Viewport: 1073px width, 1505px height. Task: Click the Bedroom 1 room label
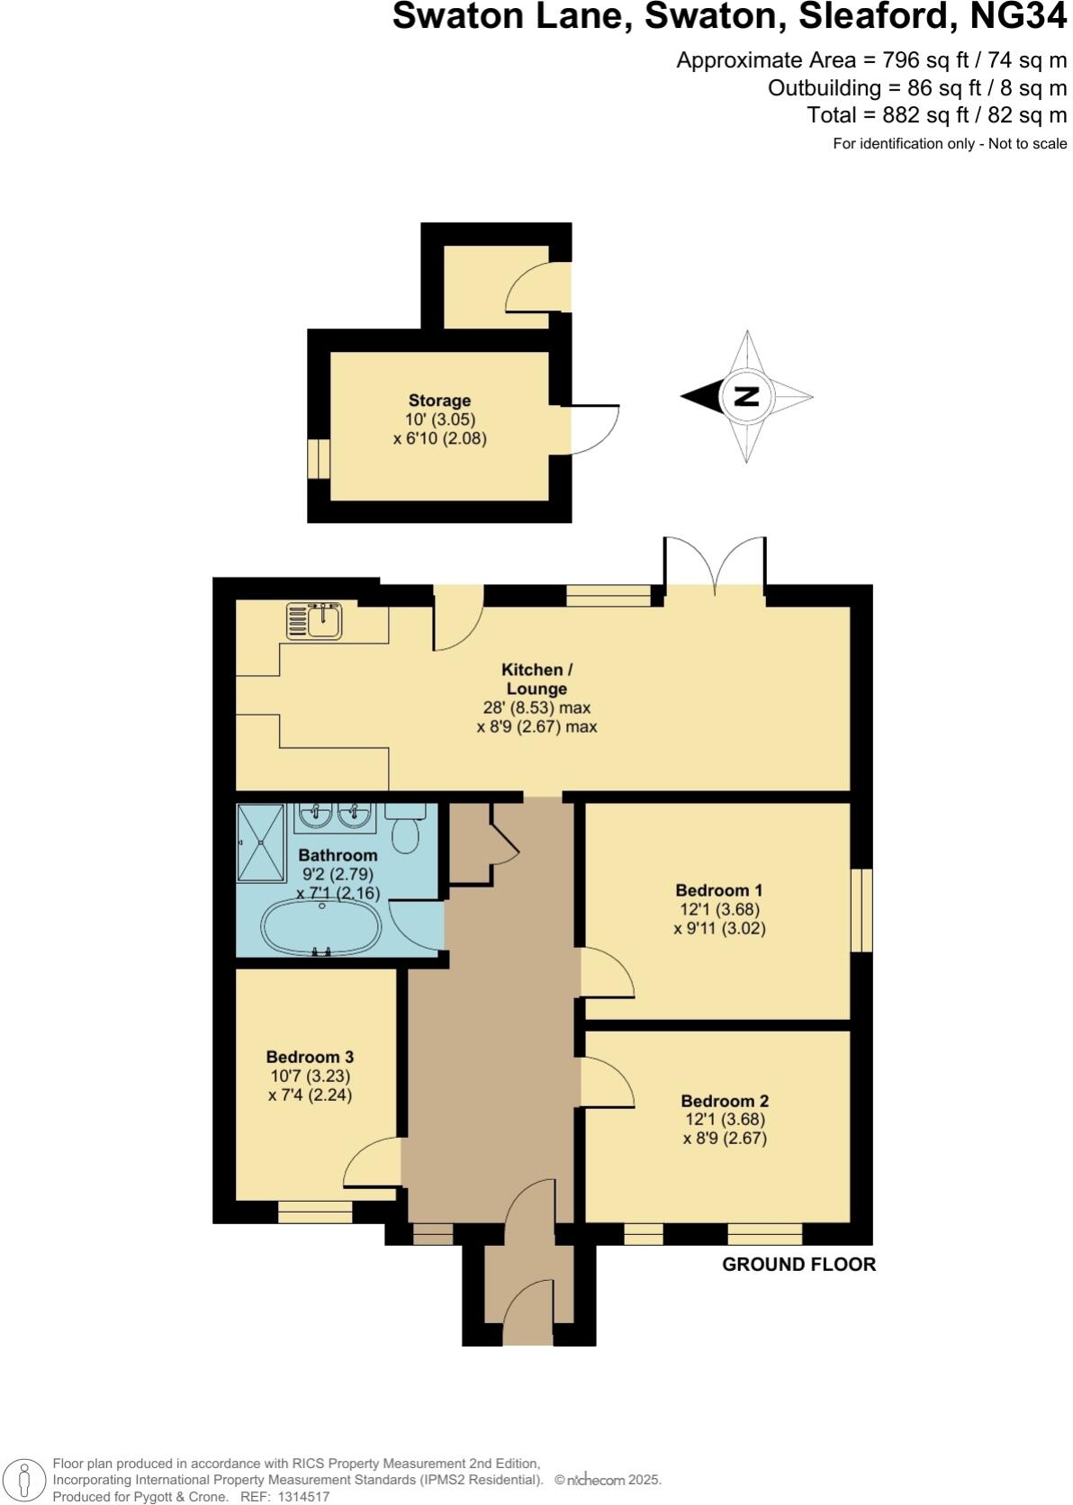[x=718, y=890]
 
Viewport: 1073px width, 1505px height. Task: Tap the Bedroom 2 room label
[x=724, y=1100]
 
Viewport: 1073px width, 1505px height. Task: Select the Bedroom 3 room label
[x=310, y=1057]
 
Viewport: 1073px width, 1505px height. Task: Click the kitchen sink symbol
[x=313, y=620]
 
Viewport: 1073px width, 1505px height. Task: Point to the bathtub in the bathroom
[x=320, y=928]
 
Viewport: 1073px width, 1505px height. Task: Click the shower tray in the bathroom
[x=260, y=843]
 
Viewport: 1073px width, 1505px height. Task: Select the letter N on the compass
[x=746, y=396]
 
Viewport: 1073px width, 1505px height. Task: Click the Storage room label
[x=439, y=401]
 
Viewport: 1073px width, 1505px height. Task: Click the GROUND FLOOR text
[x=798, y=1264]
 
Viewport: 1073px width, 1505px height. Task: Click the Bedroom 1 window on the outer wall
[x=861, y=909]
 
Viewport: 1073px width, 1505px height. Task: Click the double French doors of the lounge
[x=715, y=565]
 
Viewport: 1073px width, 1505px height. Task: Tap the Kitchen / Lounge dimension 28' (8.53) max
[x=536, y=707]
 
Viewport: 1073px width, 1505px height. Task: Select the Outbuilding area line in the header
[x=916, y=88]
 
